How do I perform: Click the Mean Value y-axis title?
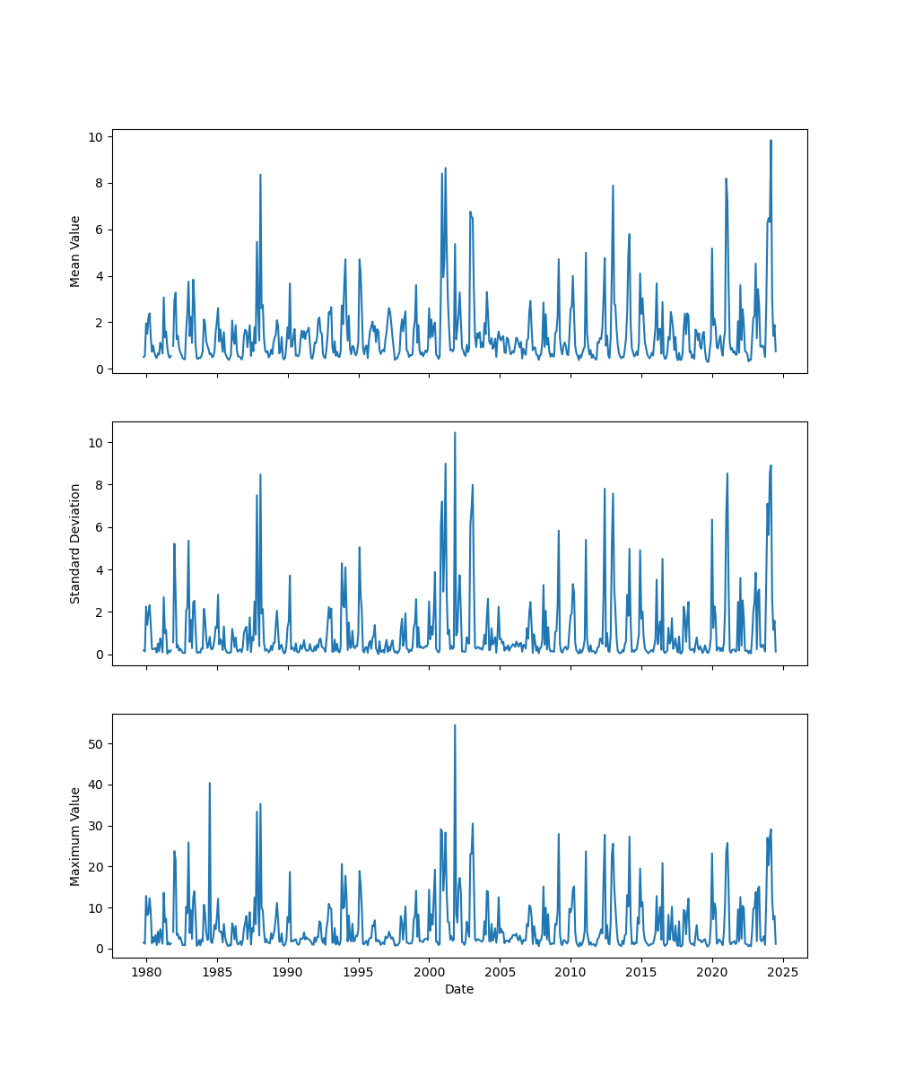tap(75, 251)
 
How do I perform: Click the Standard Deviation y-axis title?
tap(75, 543)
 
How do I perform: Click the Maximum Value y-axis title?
tap(75, 836)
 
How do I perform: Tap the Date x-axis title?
tap(459, 989)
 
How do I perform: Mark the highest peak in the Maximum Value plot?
tap(455, 725)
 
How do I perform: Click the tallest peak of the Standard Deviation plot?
tap(455, 432)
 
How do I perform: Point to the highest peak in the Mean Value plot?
tap(770, 140)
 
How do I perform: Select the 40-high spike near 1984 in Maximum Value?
tap(210, 783)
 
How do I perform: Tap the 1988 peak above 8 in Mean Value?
tap(260, 175)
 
